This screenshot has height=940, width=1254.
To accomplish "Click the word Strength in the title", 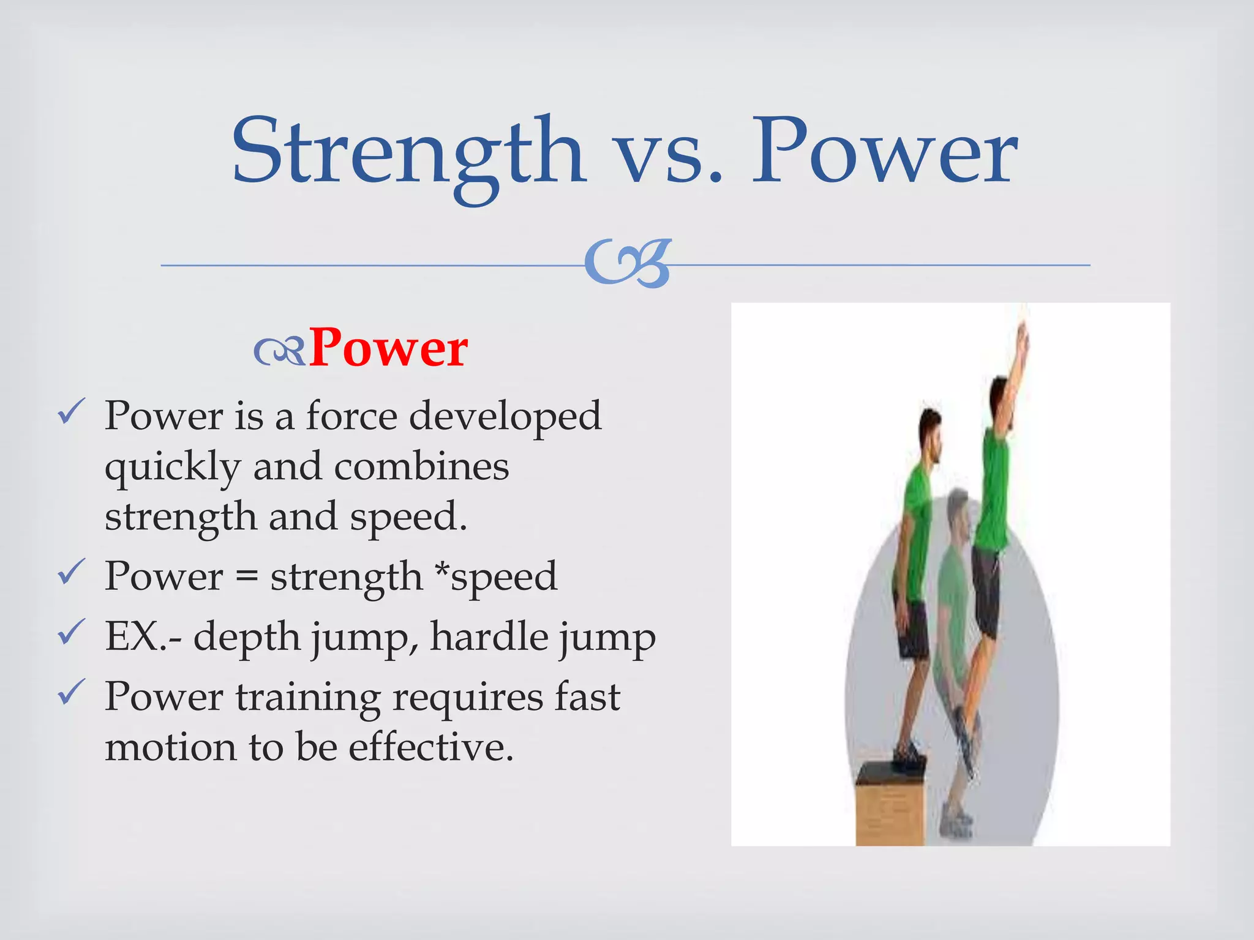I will click(407, 153).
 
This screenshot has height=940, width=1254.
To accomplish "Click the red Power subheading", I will click(388, 349).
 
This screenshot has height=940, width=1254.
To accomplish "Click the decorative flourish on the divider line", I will click(628, 264).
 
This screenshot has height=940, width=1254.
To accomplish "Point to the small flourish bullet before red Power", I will click(279, 352).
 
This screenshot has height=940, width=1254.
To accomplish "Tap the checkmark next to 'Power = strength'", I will click(70, 572).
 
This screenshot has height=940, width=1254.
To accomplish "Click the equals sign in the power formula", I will click(246, 577).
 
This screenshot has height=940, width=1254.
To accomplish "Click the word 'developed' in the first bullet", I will click(505, 416).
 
